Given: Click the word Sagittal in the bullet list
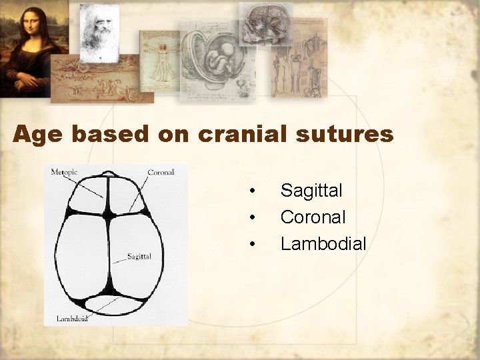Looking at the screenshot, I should point(311,191).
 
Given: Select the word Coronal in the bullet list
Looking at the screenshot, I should point(313,217).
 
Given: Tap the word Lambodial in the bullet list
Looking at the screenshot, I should point(323,244).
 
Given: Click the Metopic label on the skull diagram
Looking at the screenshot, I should point(64,172).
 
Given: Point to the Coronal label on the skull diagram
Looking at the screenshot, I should point(160,172).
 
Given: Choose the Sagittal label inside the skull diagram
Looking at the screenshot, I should point(139,256).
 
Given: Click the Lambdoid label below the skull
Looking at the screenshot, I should point(72,319).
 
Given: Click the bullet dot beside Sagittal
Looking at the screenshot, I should point(252,192).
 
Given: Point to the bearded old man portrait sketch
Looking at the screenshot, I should point(99,32).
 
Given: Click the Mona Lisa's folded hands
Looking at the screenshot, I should point(27,81).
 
